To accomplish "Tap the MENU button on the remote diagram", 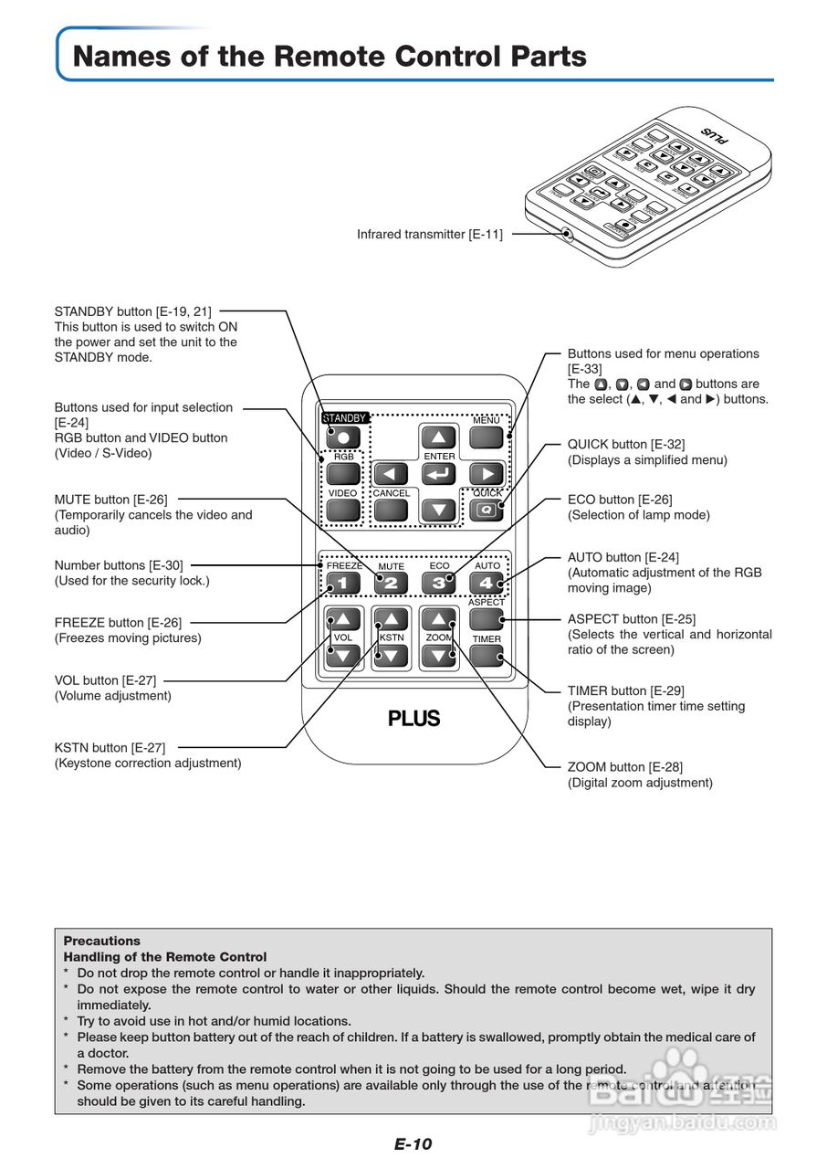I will coord(487,437).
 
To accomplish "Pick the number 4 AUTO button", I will coord(487,582).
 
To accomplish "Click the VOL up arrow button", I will coord(342,618).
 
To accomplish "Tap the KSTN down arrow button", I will coord(391,655).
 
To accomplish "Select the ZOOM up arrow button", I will coord(439,618).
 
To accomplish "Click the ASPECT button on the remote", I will coord(487,619).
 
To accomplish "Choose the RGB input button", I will coord(342,473).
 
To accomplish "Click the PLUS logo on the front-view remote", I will coord(414,719).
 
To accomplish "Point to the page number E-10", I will coord(413,1144).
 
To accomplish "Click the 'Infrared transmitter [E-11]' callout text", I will coord(429,235).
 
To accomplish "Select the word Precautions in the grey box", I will coord(102,941).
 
